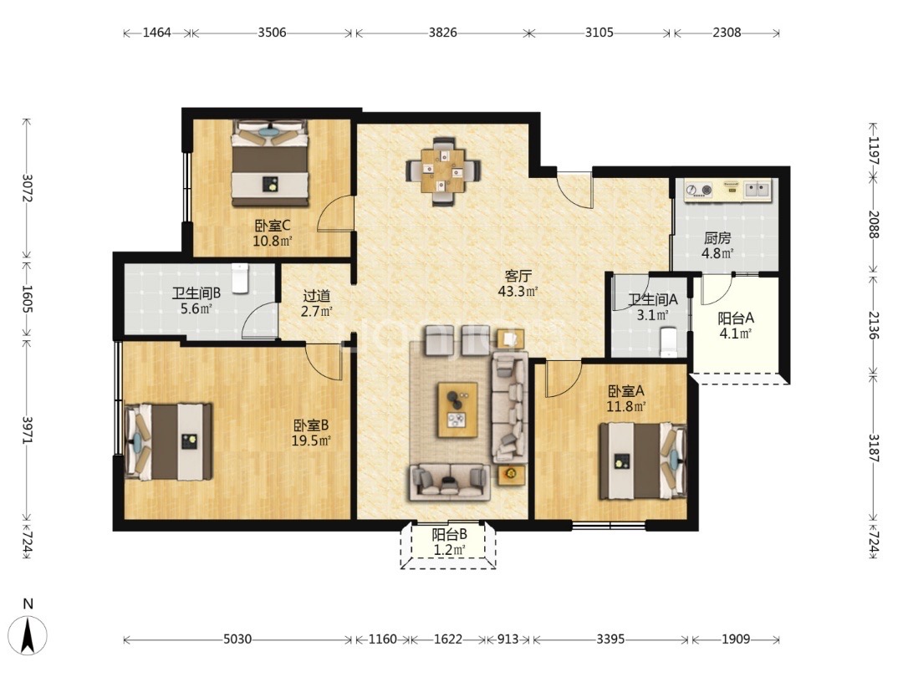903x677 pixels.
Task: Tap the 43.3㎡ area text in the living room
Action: click(518, 292)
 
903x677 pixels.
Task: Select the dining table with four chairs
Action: click(443, 171)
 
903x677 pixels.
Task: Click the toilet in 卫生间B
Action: click(240, 278)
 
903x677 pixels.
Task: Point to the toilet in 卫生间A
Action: click(669, 343)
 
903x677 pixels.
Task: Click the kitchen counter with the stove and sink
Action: click(727, 190)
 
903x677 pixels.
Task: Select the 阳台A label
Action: click(736, 318)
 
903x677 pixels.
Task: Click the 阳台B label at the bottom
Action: click(449, 535)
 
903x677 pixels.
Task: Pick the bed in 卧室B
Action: click(169, 441)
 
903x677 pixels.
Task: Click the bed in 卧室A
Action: click(643, 461)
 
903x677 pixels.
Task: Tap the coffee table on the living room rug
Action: click(458, 410)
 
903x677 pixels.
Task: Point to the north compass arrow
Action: click(28, 635)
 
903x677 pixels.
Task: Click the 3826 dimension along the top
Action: click(443, 33)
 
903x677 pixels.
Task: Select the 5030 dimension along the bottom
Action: click(237, 639)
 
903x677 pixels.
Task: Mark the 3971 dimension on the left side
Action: click(27, 430)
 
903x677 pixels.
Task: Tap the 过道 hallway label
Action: click(317, 297)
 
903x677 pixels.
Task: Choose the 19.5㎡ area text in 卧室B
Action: click(311, 441)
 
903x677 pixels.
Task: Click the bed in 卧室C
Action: click(270, 163)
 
